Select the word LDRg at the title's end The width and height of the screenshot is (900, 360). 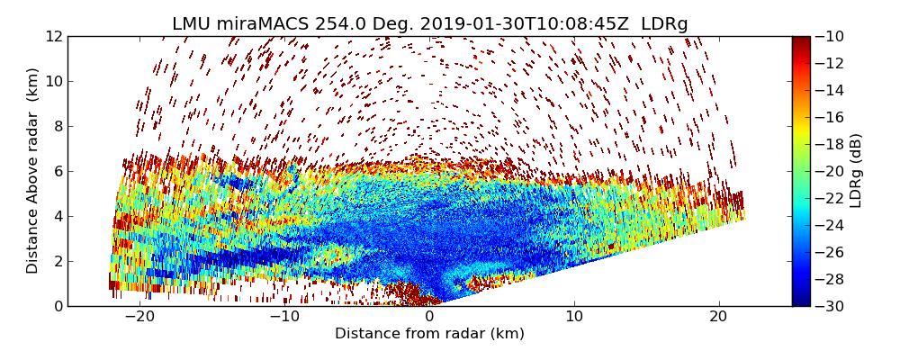coord(664,24)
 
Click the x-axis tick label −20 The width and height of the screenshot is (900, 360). coord(139,317)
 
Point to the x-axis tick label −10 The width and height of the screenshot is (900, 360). coord(284,317)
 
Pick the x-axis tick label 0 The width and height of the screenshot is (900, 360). coord(429,317)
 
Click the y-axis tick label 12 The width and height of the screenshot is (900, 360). coord(54,36)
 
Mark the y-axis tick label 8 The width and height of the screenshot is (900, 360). coord(58,126)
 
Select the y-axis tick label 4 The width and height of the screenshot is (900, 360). coord(58,216)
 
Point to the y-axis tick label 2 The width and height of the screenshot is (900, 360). coord(58,261)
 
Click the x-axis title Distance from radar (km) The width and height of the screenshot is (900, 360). coord(429,334)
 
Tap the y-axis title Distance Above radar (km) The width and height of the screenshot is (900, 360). coord(33,171)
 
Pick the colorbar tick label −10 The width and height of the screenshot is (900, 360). coord(830,36)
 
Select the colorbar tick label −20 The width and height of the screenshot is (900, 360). coord(830,171)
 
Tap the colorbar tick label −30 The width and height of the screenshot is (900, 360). coord(830,306)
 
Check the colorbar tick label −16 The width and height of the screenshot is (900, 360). coord(830,117)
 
